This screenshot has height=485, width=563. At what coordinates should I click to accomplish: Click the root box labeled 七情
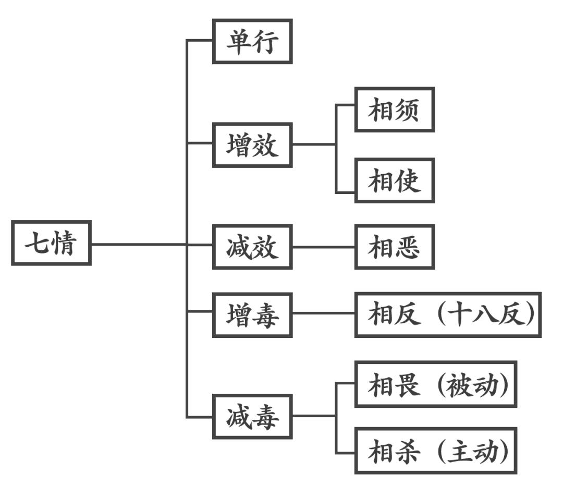(51, 243)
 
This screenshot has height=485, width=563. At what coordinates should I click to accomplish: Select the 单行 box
(252, 41)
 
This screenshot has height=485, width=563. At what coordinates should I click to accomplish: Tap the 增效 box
(252, 145)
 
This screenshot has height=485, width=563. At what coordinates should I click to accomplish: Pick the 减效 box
(252, 247)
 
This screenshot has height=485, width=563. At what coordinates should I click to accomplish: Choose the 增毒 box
(252, 314)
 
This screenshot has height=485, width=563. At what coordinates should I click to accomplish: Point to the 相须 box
(395, 110)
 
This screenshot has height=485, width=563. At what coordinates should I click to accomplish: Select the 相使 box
(395, 180)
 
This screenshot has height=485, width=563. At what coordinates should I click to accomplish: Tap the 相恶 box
(395, 247)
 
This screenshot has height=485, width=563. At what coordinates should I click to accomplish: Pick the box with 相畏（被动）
(436, 384)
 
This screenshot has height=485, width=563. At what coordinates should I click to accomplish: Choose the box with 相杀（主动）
(436, 451)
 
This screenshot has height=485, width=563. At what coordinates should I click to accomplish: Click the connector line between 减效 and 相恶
(323, 247)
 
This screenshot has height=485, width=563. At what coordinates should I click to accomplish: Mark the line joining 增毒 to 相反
(323, 313)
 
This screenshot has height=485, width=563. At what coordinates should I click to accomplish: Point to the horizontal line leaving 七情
(138, 244)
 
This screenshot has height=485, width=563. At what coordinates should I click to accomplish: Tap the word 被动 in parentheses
(472, 384)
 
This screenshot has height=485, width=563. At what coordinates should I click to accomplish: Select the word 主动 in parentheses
(472, 451)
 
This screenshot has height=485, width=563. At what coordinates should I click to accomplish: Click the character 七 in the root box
(38, 243)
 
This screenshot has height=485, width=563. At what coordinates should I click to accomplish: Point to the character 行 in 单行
(266, 41)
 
